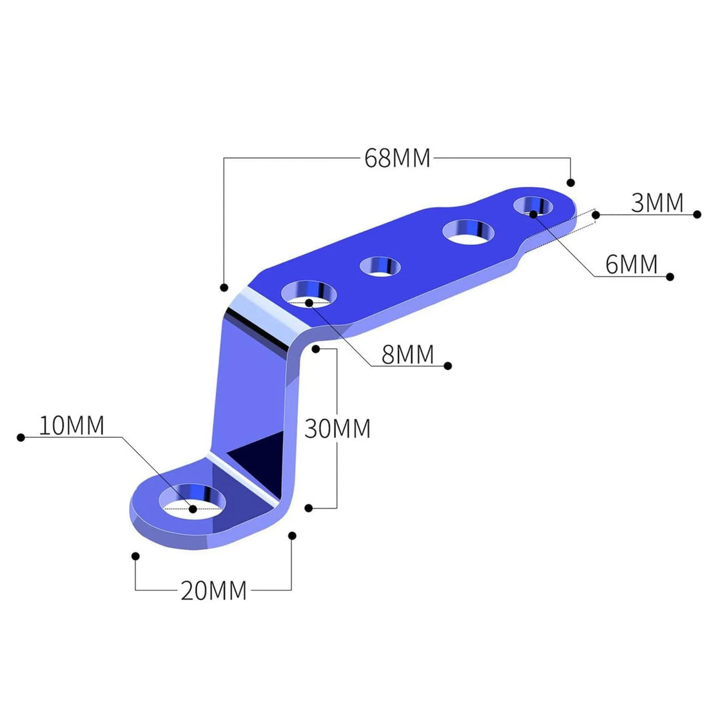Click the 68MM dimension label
click(397, 158)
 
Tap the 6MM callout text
click(632, 264)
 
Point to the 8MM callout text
click(408, 355)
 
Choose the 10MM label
click(72, 426)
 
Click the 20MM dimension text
click(213, 591)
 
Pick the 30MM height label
click(338, 429)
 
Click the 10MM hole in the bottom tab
click(193, 501)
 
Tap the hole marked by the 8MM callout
click(309, 294)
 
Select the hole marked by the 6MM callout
click(533, 206)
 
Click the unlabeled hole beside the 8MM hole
click(380, 266)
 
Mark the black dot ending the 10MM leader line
click(21, 438)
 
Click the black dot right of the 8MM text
click(448, 366)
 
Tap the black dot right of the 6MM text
click(670, 277)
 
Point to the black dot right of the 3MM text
click(696, 214)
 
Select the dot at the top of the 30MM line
click(316, 349)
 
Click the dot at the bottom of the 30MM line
click(309, 509)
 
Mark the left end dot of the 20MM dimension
click(135, 556)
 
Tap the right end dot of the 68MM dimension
click(570, 182)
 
